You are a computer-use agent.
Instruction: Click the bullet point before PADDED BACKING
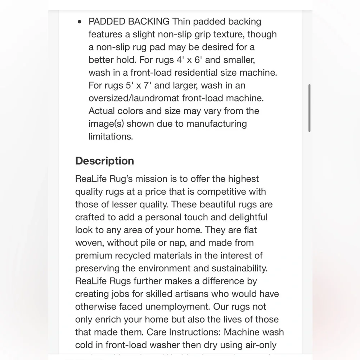pos(80,22)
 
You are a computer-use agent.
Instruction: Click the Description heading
pos(104,161)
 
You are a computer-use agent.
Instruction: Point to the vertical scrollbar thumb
pos(309,108)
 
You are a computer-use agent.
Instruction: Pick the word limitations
pos(111,137)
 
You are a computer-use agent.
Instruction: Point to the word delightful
pos(244,217)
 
